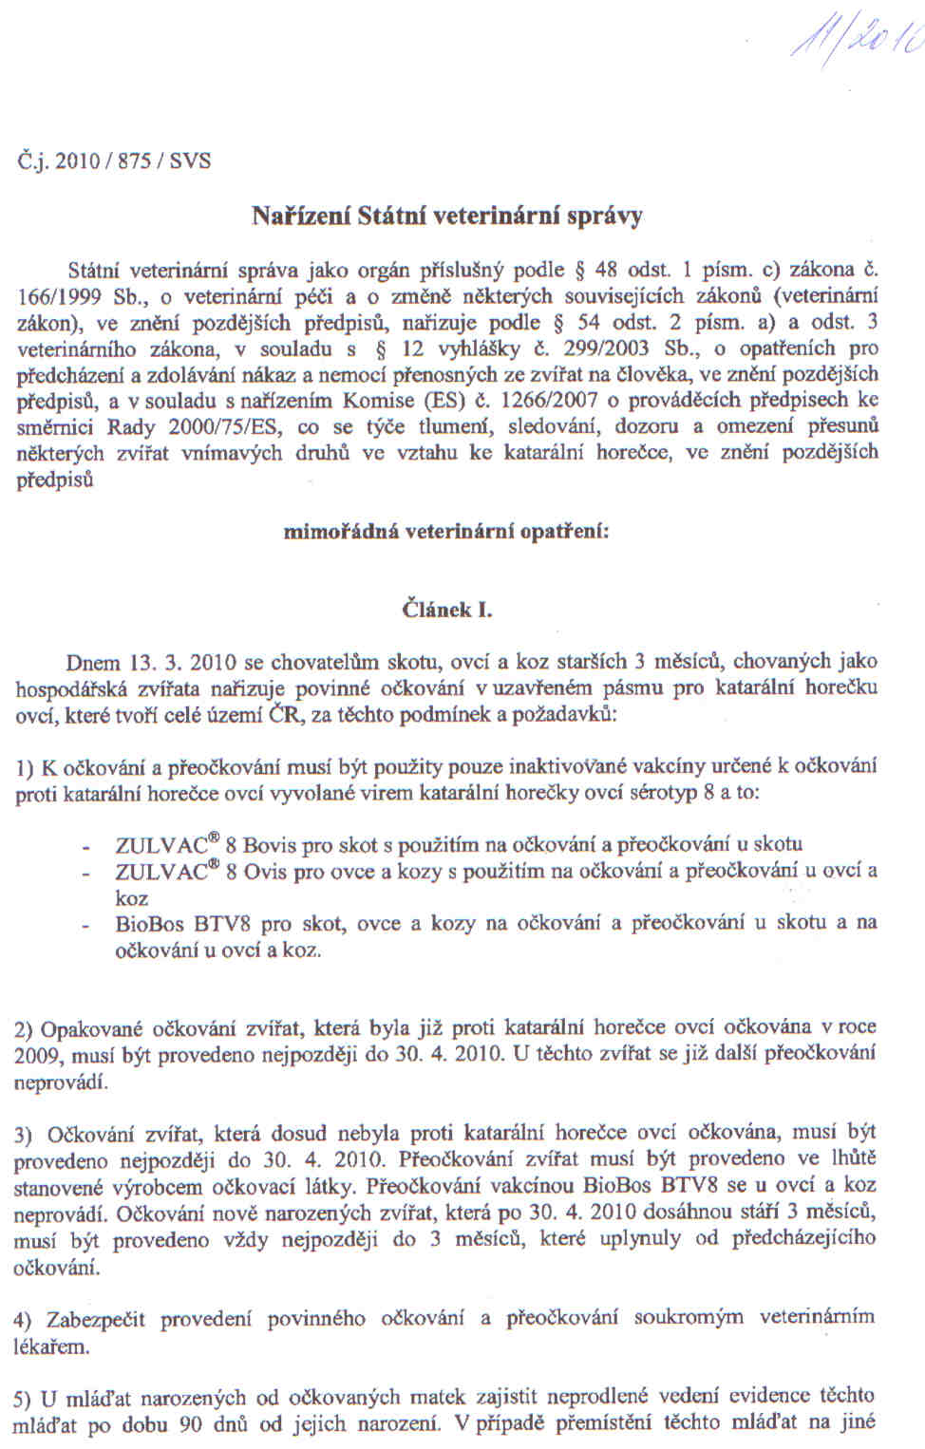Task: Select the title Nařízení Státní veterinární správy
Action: [446, 216]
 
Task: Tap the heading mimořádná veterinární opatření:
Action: [446, 532]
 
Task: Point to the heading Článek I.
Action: [447, 610]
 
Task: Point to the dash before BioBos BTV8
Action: [87, 924]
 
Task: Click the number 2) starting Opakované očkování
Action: [25, 1028]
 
